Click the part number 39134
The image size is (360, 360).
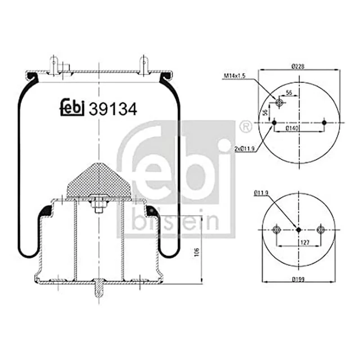point(113,109)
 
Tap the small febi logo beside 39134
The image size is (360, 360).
point(72,107)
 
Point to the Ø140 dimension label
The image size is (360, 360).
point(295,129)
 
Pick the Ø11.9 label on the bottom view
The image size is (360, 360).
point(261,193)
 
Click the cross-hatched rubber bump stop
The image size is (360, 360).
point(98,180)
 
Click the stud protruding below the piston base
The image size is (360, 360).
point(98,289)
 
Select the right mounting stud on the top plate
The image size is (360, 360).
point(144,64)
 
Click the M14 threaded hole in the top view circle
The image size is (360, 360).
point(279,103)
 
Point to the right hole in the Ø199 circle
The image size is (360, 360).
point(320,229)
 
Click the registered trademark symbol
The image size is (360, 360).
point(245,126)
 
